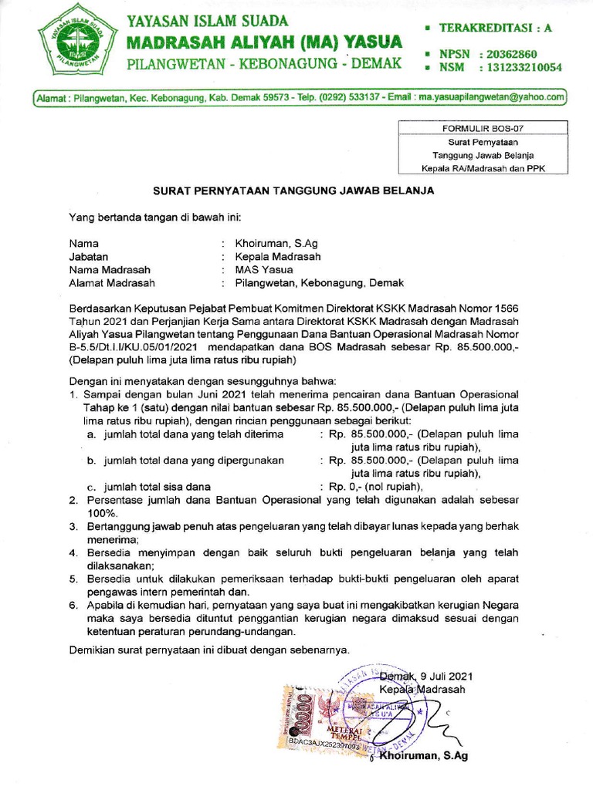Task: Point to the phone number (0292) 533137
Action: point(347,98)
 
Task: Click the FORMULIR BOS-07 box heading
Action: point(482,129)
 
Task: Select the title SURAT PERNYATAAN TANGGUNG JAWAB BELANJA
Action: point(292,190)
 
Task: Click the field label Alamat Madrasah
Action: point(111,283)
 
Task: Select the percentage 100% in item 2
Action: point(101,513)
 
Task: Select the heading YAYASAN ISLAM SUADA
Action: point(208,21)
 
